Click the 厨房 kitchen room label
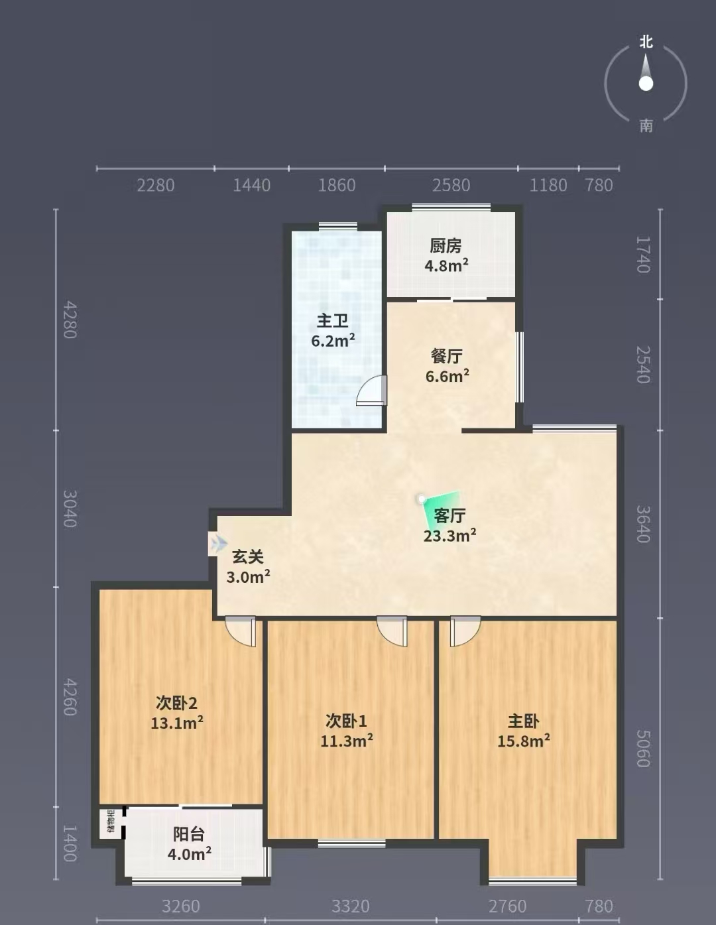[446, 245]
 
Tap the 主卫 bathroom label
[332, 321]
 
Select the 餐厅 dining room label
[447, 356]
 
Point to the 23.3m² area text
[449, 535]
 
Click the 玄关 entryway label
[247, 557]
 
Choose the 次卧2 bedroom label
[176, 703]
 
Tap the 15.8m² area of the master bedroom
[523, 741]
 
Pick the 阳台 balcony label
[189, 834]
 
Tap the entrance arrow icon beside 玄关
[219, 543]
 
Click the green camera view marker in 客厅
[442, 509]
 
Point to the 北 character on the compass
[646, 42]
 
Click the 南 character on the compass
[646, 125]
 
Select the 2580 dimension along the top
[451, 185]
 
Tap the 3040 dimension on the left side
[70, 509]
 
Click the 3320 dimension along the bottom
[350, 906]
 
